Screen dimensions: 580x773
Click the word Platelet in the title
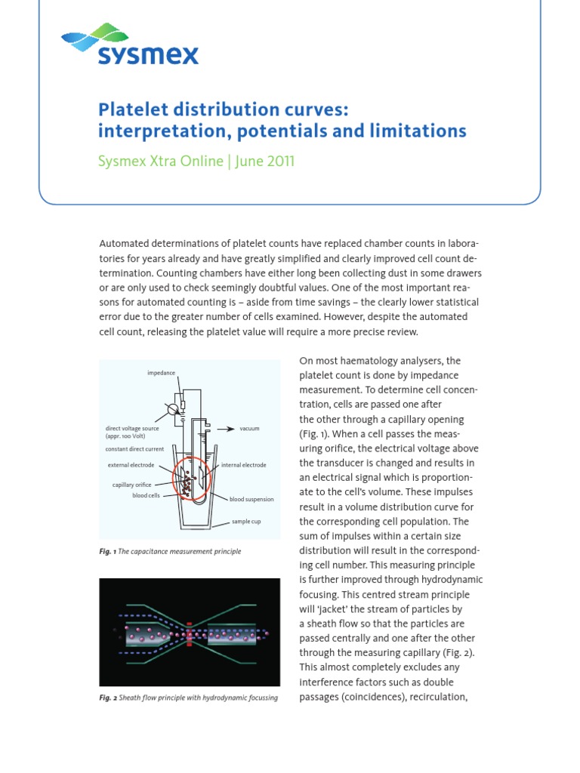click(x=135, y=108)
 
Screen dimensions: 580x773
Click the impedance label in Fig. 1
click(x=160, y=373)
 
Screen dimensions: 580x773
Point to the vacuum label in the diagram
click(x=249, y=429)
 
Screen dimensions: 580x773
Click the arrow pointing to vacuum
click(x=224, y=428)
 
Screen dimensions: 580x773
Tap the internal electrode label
click(x=244, y=465)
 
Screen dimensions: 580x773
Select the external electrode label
click(x=131, y=465)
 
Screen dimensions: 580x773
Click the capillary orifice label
click(x=133, y=485)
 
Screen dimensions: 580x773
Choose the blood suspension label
click(x=251, y=499)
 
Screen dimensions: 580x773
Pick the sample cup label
click(x=245, y=522)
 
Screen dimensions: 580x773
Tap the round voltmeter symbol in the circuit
click(x=172, y=408)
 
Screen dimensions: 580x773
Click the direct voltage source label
click(x=132, y=428)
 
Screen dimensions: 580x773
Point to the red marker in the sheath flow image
click(x=190, y=633)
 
